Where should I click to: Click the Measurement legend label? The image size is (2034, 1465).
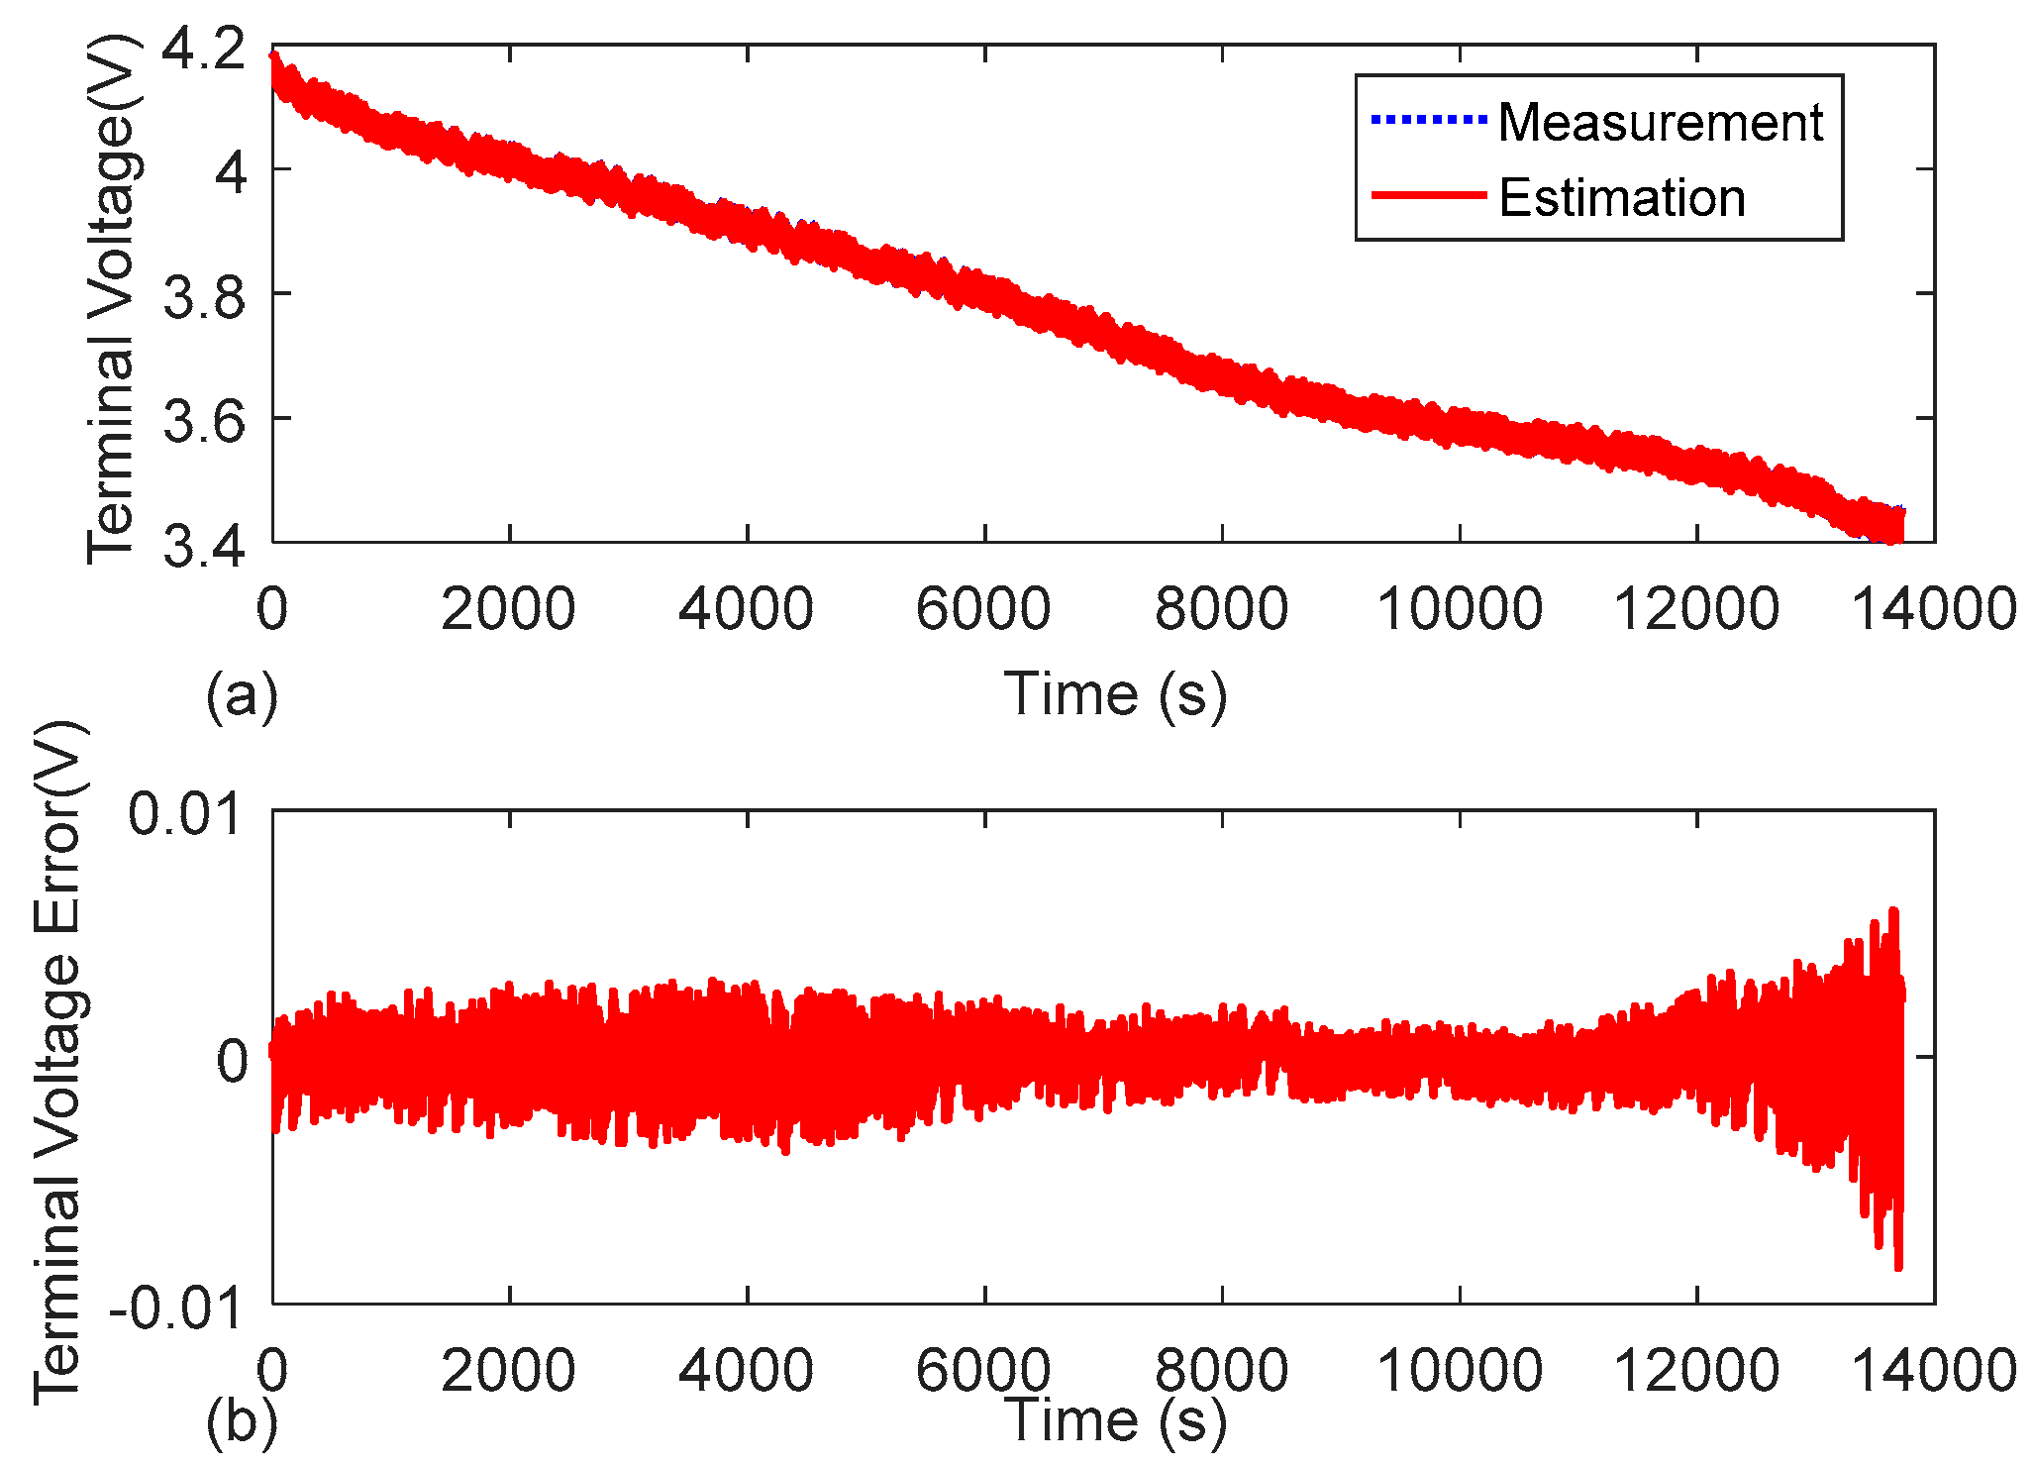1660,123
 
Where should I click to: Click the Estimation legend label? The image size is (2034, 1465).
1621,198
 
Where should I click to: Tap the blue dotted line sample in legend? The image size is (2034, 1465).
1428,121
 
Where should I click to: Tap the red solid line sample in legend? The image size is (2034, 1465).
1428,196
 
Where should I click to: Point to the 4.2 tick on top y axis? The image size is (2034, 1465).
203,50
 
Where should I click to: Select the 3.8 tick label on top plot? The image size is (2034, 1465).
203,296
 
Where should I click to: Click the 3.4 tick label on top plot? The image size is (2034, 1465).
203,545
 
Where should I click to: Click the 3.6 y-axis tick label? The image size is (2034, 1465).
203,421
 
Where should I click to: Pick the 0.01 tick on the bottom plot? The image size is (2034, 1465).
185,814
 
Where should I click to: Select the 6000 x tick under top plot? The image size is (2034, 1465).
983,608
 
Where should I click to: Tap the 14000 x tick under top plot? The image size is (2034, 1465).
1933,608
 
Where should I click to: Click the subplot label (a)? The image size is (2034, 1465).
242,695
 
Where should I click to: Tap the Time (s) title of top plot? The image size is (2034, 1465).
1115,693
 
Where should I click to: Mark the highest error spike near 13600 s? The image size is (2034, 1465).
1893,910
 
